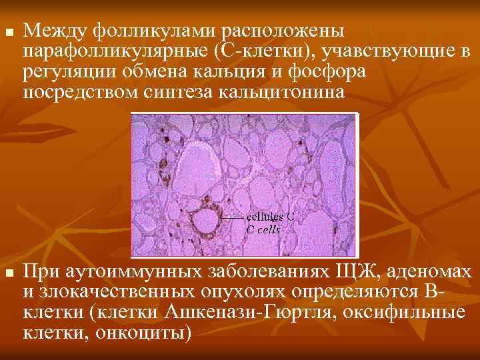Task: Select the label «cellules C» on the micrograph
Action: point(271,217)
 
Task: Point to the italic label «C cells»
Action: point(263,229)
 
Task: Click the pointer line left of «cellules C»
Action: point(233,218)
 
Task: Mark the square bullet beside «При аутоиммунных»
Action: point(7,274)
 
